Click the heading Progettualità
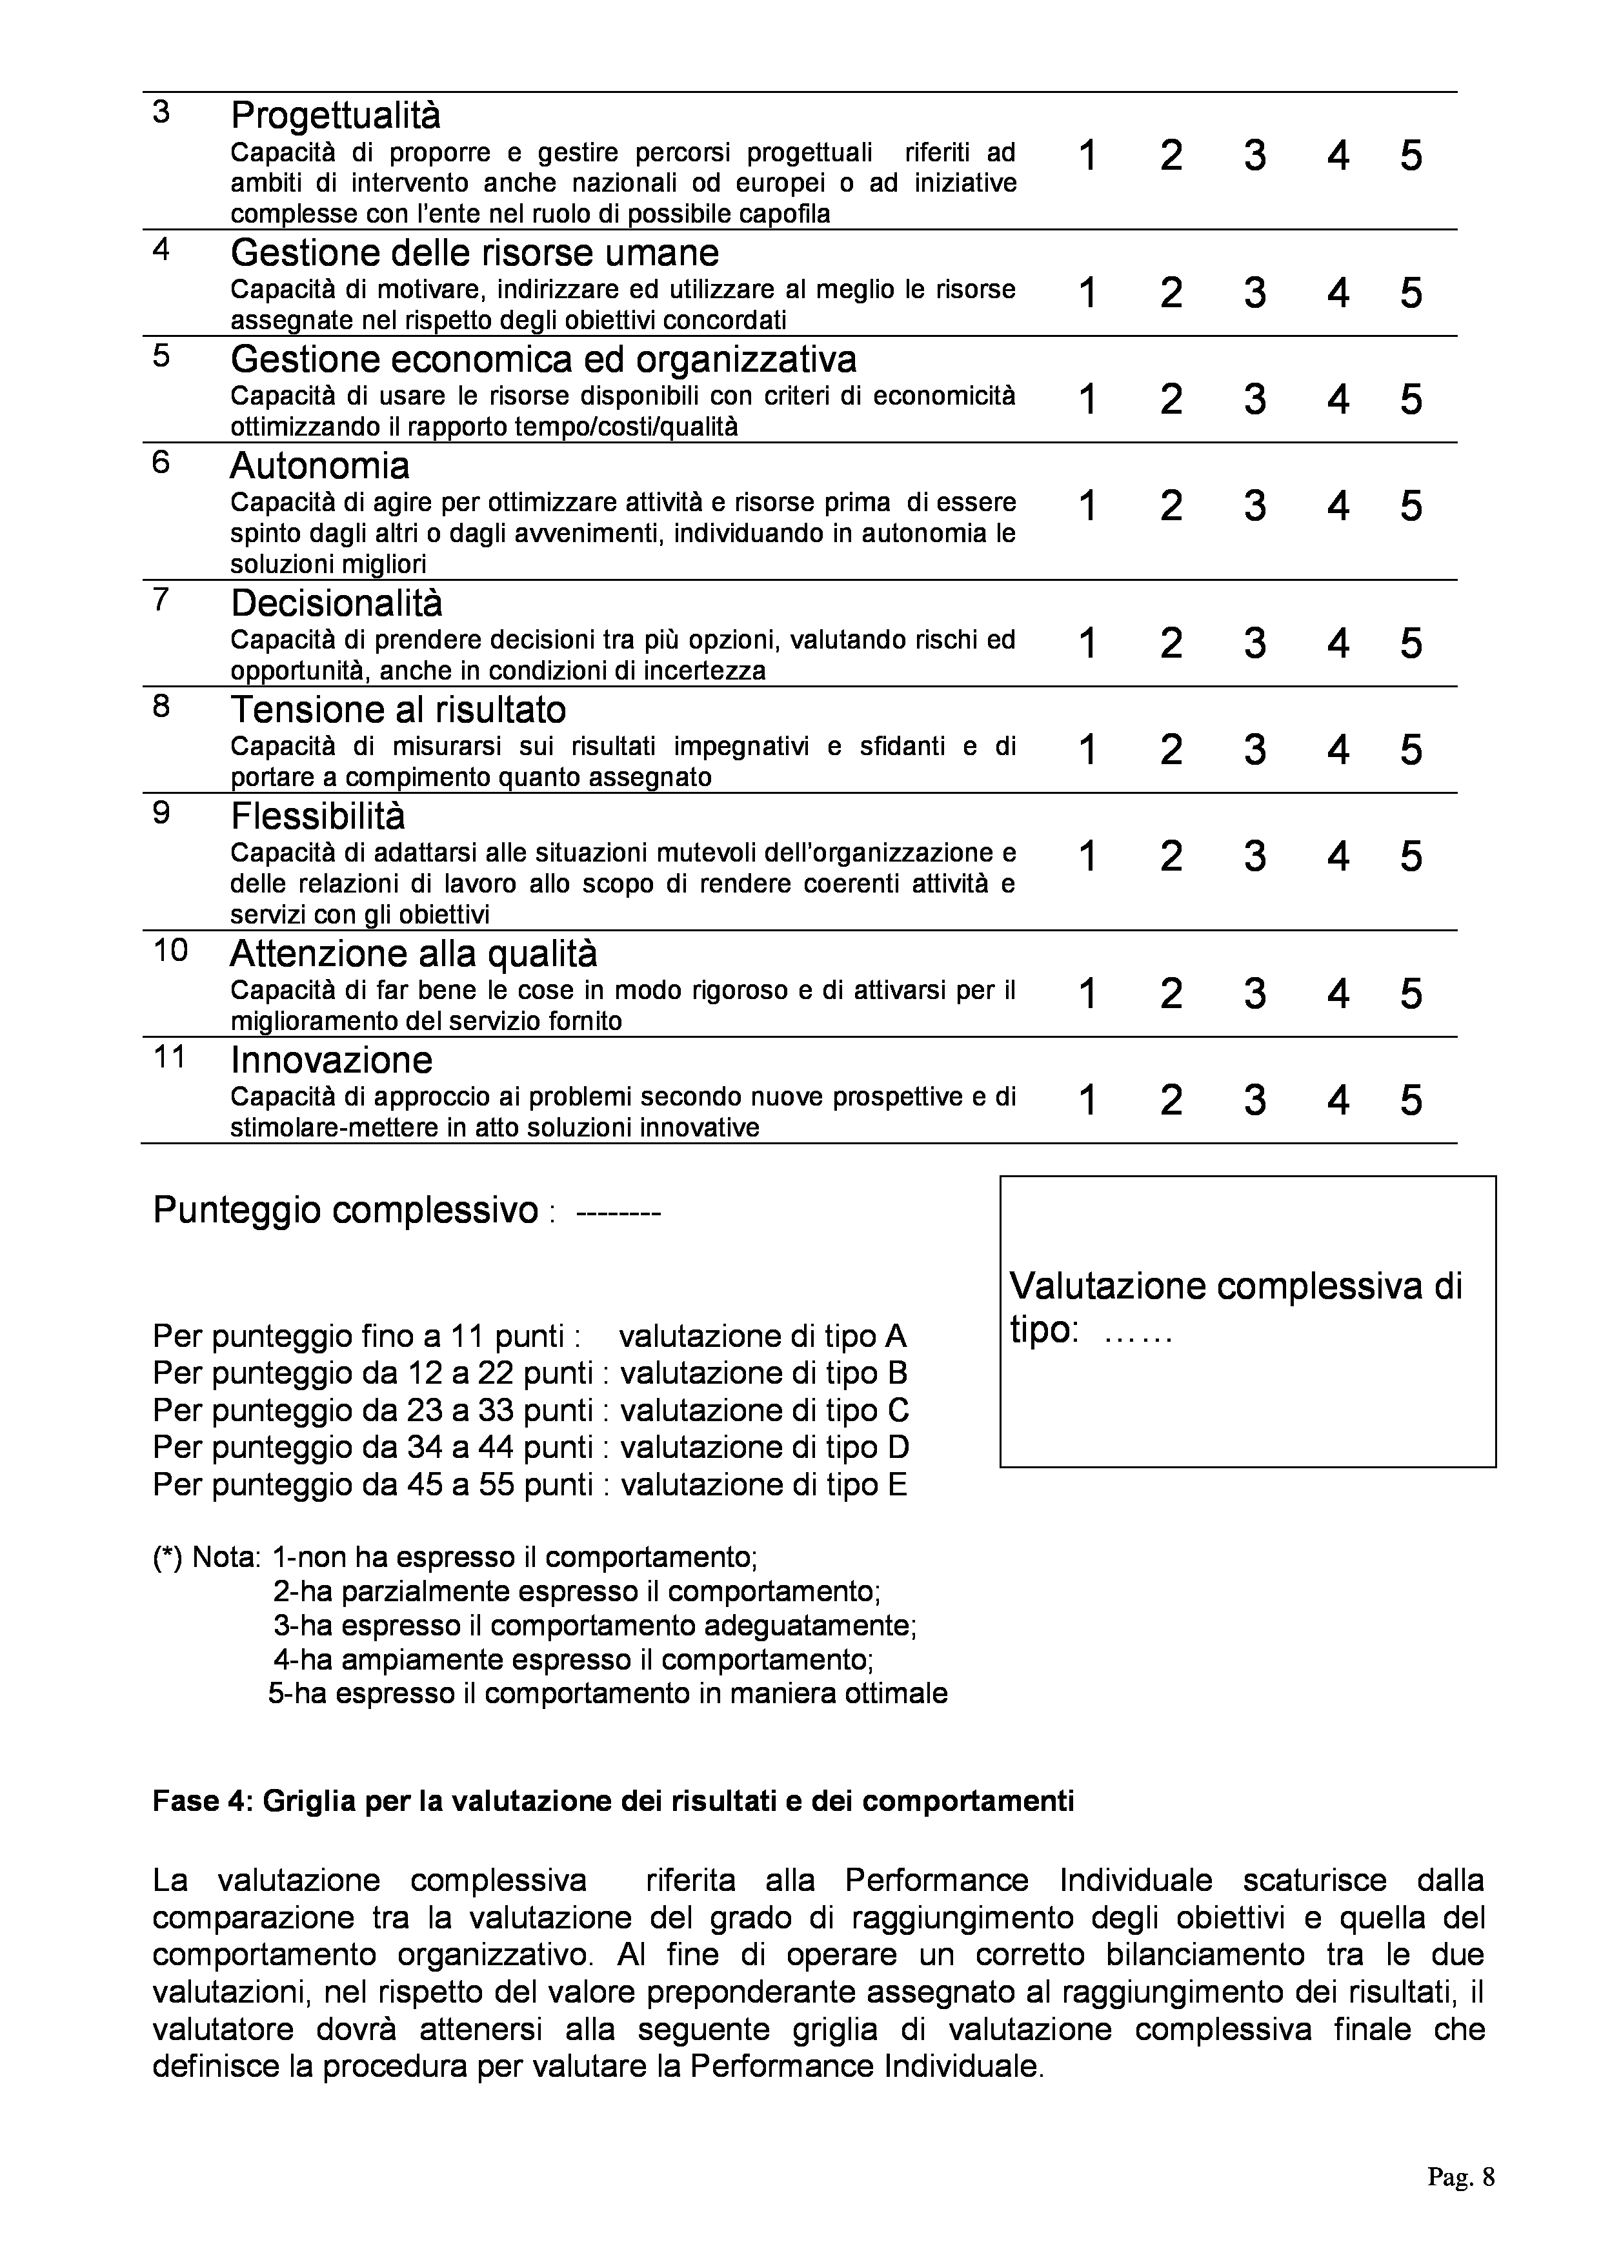[x=335, y=116]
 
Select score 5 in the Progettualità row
[x=1411, y=156]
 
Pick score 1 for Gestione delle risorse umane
[x=1087, y=293]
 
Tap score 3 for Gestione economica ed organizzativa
[x=1254, y=399]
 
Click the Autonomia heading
[x=319, y=465]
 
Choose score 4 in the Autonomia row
[x=1338, y=506]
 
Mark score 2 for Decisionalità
[x=1171, y=643]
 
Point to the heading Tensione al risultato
[x=398, y=710]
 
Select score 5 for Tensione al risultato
[x=1411, y=749]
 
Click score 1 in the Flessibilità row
[x=1087, y=856]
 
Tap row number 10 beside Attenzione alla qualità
[x=170, y=951]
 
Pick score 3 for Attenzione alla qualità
[x=1254, y=993]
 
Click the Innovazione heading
[x=331, y=1060]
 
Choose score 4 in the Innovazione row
[x=1338, y=1100]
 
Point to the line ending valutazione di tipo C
[x=530, y=1410]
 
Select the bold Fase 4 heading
[x=612, y=1801]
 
